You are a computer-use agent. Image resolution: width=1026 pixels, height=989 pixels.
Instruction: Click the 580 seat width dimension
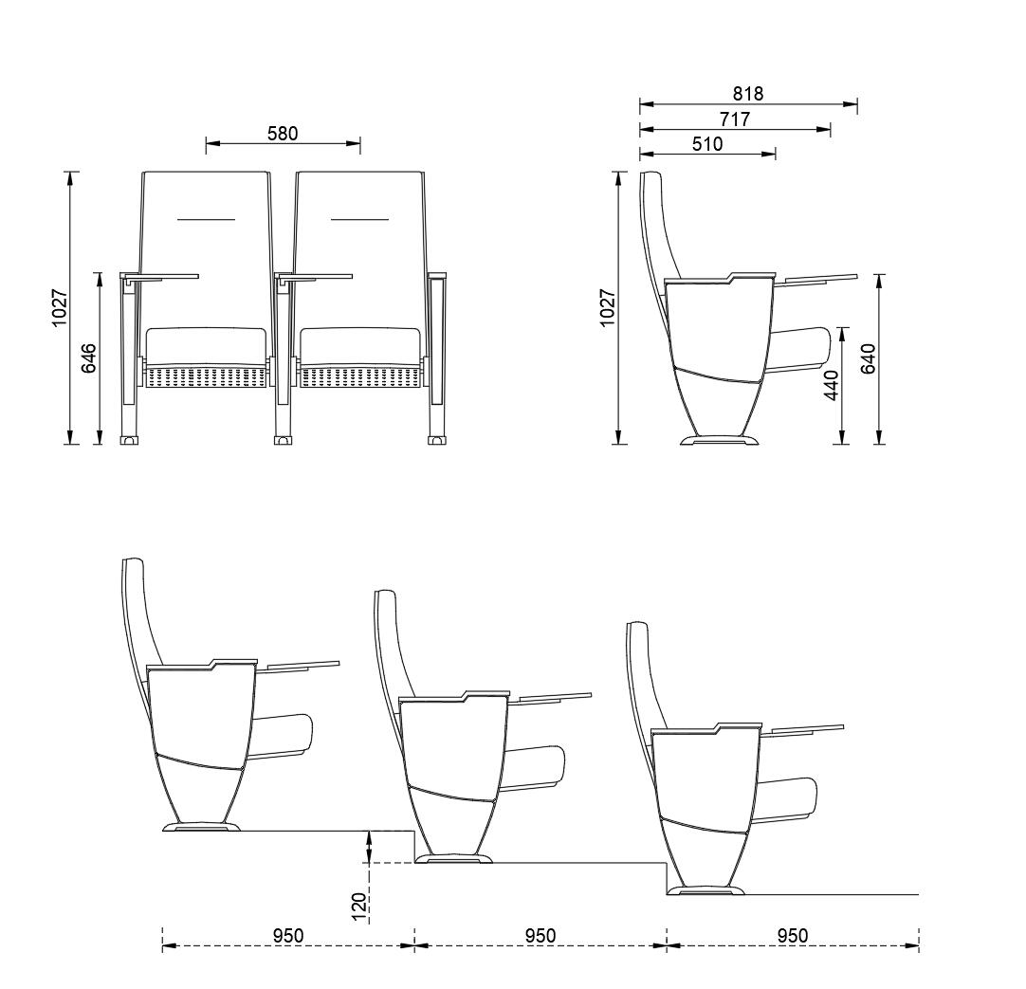point(283,134)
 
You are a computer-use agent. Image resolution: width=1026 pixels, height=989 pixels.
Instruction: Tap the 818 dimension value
point(748,94)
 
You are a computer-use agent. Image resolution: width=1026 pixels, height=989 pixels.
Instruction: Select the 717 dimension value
point(735,119)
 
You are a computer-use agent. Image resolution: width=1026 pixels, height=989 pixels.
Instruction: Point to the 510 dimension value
point(707,144)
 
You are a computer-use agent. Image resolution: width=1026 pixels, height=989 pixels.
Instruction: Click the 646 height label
point(88,358)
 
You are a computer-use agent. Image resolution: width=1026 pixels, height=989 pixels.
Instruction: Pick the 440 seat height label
point(831,386)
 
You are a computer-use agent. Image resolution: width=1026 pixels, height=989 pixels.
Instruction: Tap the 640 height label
point(868,358)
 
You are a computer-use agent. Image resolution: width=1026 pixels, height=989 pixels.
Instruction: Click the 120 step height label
point(358,906)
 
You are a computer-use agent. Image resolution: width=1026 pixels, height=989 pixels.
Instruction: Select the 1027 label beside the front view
point(59,307)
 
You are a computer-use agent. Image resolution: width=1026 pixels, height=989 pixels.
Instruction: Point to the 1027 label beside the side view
point(608,307)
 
